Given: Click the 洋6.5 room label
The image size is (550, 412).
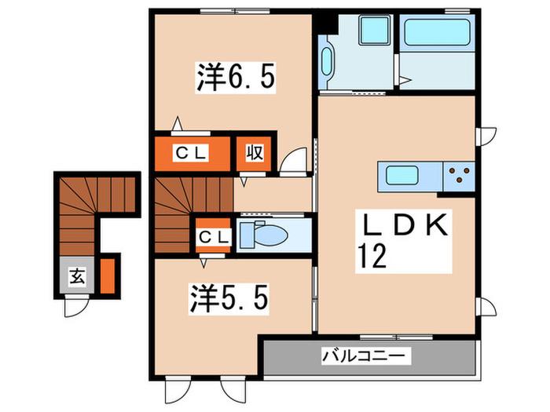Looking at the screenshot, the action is (236, 78).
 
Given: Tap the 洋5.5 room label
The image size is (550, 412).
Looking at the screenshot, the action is (229, 298).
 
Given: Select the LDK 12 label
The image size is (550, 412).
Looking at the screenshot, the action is (403, 241).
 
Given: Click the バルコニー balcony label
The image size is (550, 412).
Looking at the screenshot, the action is (366, 356).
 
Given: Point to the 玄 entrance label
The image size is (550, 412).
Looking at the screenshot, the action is (77, 277).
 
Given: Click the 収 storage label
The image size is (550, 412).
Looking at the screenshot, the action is (254, 153).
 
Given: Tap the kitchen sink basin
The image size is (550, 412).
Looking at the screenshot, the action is (401, 175).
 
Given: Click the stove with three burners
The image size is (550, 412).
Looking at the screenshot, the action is (459, 177).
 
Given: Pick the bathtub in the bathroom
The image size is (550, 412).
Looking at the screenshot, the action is (437, 32).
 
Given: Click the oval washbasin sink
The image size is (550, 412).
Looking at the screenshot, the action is (326, 61).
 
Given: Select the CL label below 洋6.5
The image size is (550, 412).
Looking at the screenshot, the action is (190, 153).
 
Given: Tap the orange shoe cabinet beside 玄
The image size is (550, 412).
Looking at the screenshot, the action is (108, 275).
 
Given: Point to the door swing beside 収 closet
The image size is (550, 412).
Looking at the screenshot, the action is (294, 161).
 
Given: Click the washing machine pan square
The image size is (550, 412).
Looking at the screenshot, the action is (375, 31).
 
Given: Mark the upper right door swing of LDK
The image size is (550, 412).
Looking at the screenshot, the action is (486, 137).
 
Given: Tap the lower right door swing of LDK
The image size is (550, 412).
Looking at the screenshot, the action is (486, 308).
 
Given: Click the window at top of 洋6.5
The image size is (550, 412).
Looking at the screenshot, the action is (235, 11).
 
